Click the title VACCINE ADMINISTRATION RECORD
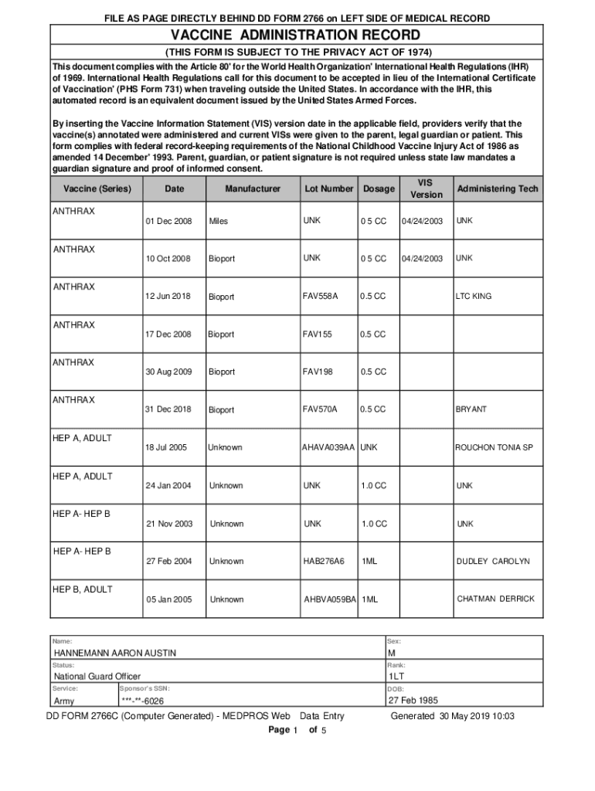click(x=296, y=36)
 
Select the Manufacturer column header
click(x=253, y=189)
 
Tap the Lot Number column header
click(x=328, y=189)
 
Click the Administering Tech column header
click(x=498, y=189)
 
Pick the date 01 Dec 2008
click(x=168, y=222)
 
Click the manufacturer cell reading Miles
click(x=219, y=222)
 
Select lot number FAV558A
click(x=321, y=296)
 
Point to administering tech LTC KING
click(x=474, y=296)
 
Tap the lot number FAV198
click(x=317, y=372)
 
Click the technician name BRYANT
click(x=471, y=409)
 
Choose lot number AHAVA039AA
click(x=328, y=447)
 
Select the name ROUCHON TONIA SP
click(x=494, y=447)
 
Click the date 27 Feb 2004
click(x=168, y=562)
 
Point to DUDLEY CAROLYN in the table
click(x=493, y=562)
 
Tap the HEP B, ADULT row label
click(x=83, y=589)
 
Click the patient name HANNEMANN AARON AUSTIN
click(x=114, y=654)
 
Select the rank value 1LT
click(x=397, y=677)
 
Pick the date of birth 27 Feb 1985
click(x=413, y=701)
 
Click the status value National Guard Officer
click(x=97, y=677)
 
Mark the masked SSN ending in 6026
click(x=142, y=701)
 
